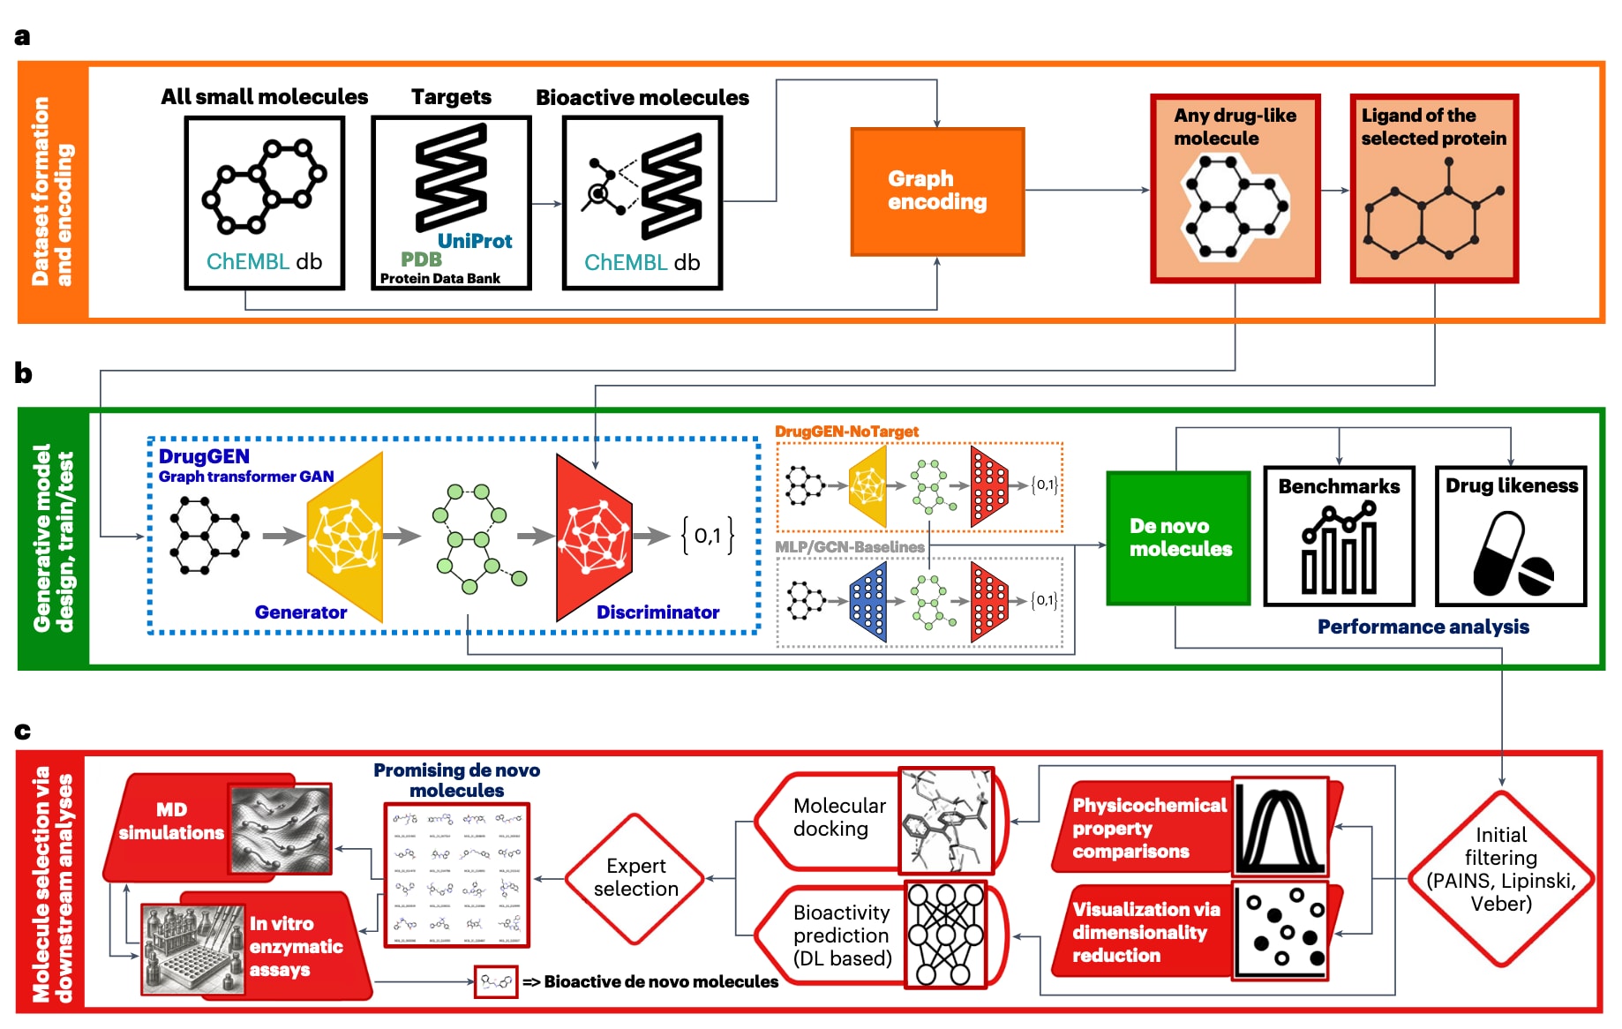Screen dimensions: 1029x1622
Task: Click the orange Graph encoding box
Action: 937,192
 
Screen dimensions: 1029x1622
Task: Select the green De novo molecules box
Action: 1178,537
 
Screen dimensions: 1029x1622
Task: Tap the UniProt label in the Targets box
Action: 475,241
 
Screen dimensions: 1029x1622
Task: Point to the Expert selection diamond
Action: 635,877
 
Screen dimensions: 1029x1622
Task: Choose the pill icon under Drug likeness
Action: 1511,556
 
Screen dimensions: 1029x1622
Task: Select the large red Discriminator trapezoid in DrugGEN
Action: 594,537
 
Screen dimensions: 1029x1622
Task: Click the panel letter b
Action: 23,373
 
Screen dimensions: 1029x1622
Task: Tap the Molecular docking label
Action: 838,817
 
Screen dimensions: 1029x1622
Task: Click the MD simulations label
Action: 171,821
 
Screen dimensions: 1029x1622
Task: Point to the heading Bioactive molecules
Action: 642,98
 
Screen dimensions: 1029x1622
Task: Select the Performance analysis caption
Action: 1423,627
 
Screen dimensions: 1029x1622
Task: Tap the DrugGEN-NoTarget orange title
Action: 846,432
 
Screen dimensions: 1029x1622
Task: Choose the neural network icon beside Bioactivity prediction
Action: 945,935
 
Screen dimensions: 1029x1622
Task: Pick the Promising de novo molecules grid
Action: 456,875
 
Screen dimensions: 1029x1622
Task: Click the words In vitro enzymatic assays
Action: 296,946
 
